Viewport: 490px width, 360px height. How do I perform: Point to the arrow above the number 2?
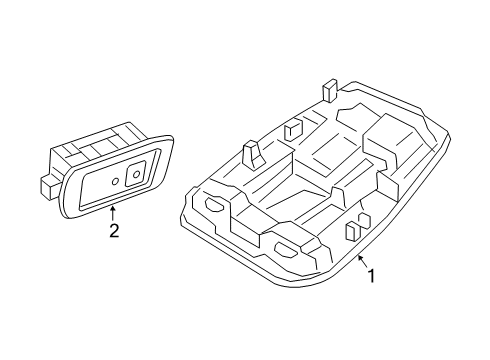(x=113, y=209)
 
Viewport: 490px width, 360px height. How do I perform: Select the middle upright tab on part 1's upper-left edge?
(x=292, y=128)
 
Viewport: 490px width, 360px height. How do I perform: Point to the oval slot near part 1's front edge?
(x=288, y=250)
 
